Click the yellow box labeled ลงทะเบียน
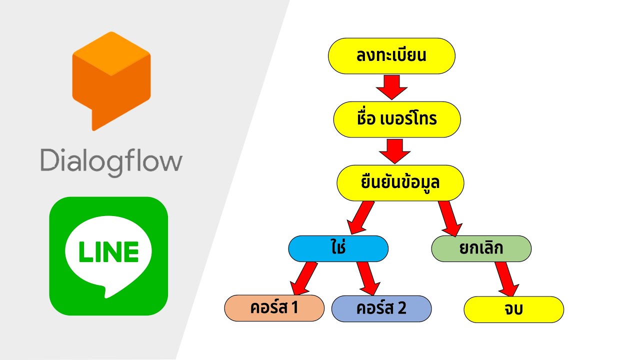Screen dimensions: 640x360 coord(391,56)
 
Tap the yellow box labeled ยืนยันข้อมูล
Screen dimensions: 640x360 coord(400,183)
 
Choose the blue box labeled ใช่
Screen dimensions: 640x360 coord(338,248)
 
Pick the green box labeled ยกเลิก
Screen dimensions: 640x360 coord(481,248)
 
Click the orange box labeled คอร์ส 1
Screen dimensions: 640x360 coord(274,308)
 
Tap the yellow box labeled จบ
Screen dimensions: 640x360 coord(513,309)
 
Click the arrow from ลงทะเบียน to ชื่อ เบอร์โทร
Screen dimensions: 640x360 coord(392,87)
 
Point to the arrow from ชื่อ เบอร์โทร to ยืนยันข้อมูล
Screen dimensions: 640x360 coord(395,151)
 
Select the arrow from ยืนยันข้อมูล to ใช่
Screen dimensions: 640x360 coord(361,217)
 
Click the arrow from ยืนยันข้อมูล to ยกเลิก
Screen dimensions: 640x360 coord(449,217)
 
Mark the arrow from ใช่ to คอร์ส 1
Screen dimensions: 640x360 coord(304,278)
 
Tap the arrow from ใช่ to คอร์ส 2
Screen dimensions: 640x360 coord(368,278)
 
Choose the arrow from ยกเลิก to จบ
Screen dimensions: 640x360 coord(507,279)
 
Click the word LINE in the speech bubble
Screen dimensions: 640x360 coord(108,251)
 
